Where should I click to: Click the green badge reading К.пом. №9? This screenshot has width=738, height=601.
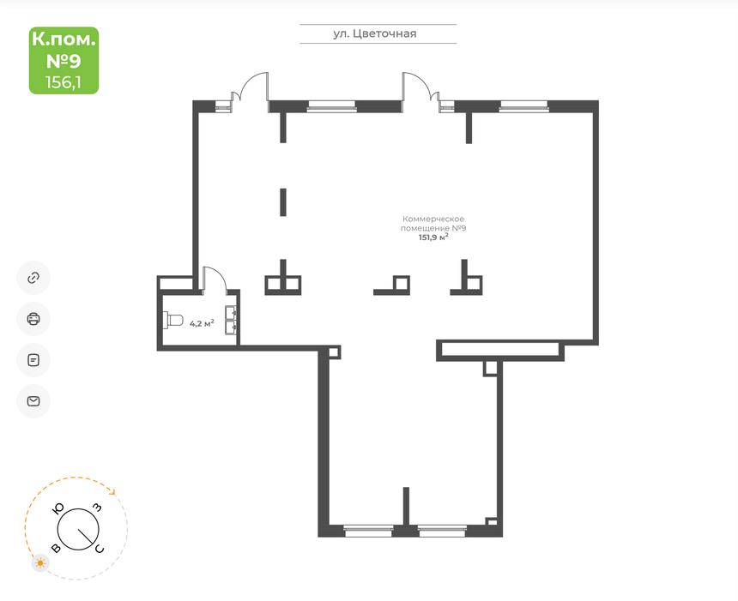[64, 60]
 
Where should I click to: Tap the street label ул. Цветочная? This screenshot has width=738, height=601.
[375, 33]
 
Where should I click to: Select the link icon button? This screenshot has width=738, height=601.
[33, 278]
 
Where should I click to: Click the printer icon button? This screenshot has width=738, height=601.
[33, 319]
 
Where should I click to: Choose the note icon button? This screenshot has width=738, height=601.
[33, 360]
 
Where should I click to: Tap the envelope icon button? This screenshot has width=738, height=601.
[33, 401]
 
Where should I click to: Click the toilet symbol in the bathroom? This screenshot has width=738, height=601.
[172, 320]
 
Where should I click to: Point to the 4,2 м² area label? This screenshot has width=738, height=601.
[202, 323]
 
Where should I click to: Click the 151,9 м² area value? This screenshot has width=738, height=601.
[433, 237]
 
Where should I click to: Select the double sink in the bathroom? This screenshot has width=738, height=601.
[231, 320]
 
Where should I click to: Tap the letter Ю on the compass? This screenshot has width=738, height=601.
[59, 508]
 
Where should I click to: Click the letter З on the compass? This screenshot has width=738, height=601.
[96, 508]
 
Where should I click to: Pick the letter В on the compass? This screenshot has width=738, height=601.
[56, 549]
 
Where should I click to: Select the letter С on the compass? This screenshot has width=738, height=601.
[100, 549]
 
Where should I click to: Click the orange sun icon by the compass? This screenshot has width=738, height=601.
[41, 563]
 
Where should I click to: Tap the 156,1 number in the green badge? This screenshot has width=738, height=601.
[64, 82]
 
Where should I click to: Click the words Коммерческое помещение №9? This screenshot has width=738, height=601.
[433, 224]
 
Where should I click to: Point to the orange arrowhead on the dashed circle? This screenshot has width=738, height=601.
[112, 491]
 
